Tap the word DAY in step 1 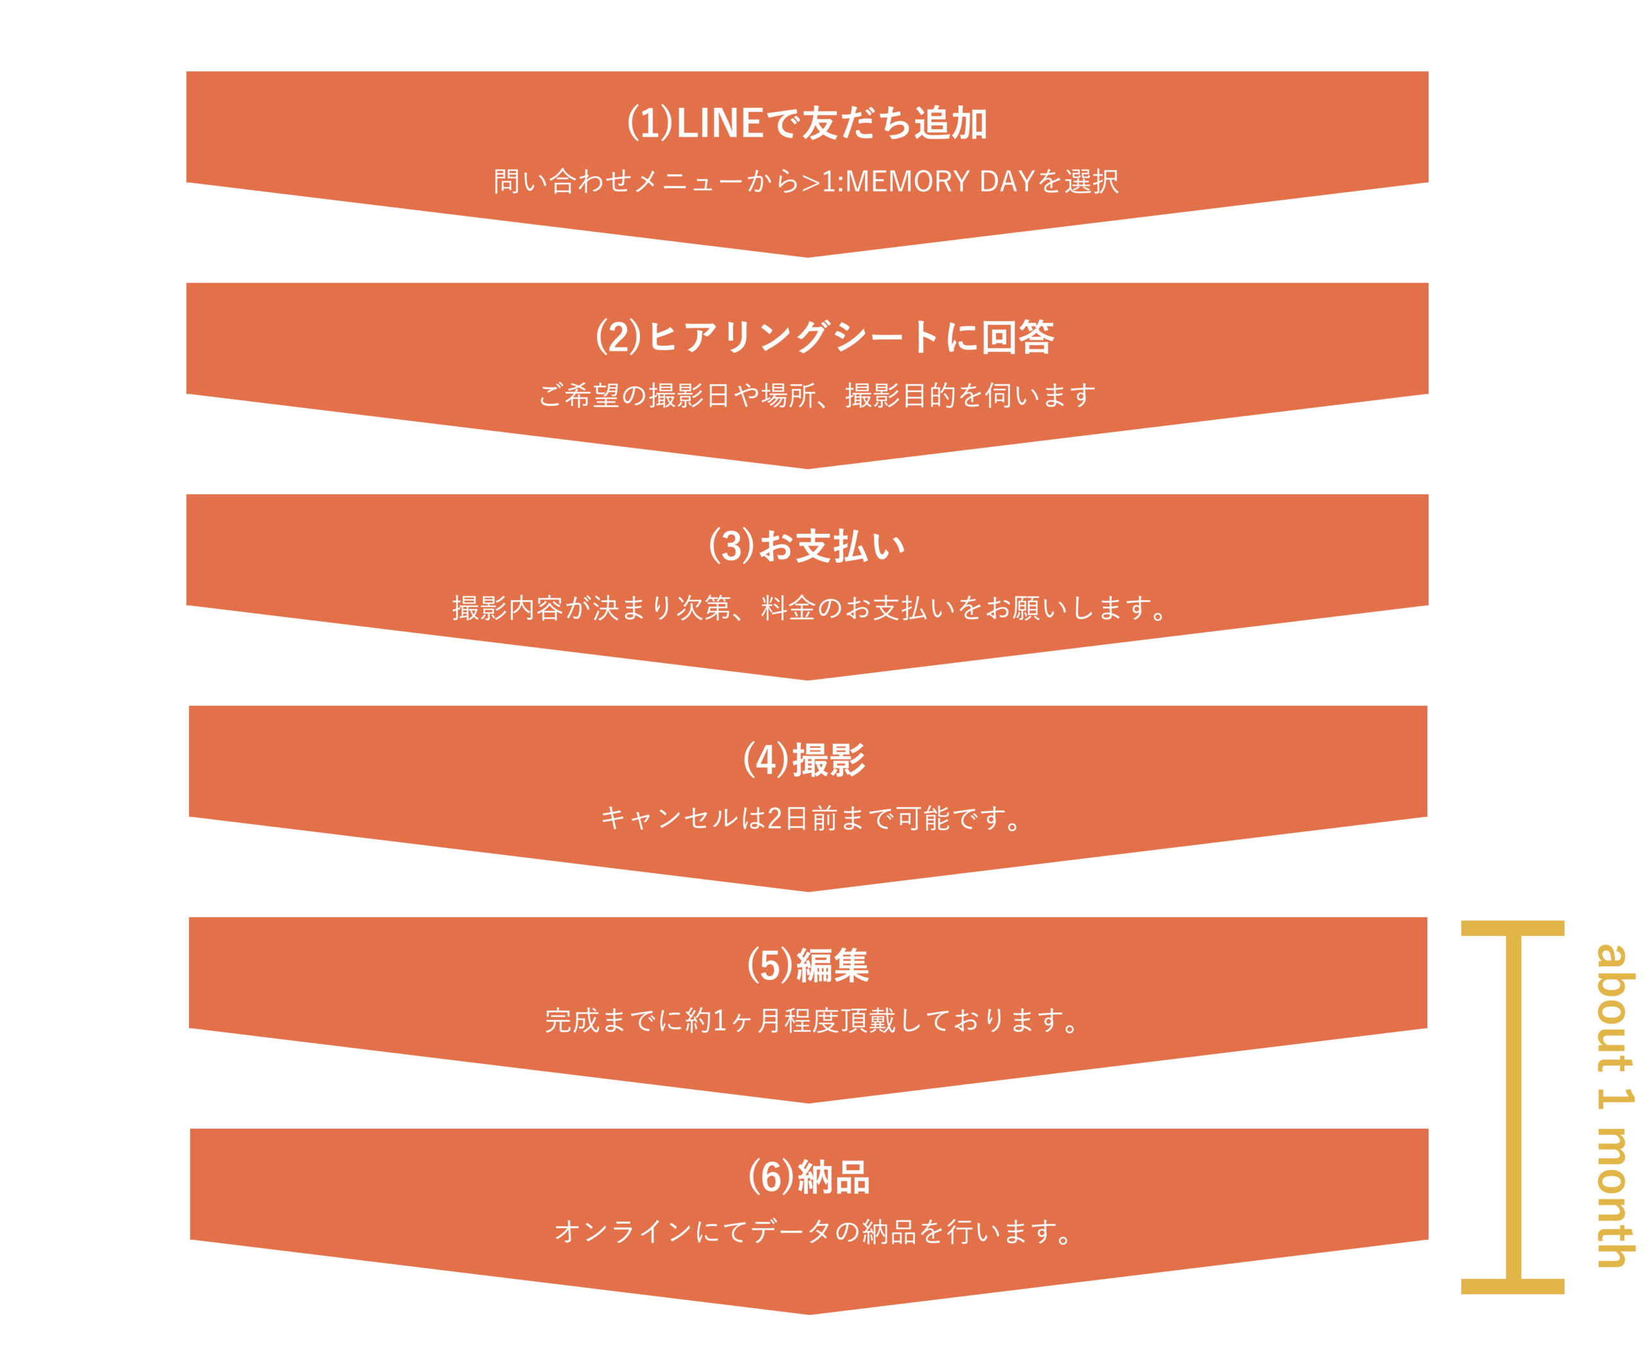point(1006,182)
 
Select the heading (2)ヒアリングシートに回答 point(824,337)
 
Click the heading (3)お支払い point(807,546)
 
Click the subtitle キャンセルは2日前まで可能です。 point(812,818)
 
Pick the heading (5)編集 point(808,965)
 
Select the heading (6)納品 point(808,1176)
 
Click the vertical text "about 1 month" point(1615,1105)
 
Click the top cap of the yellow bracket point(1513,929)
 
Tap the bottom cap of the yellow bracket point(1513,1286)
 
